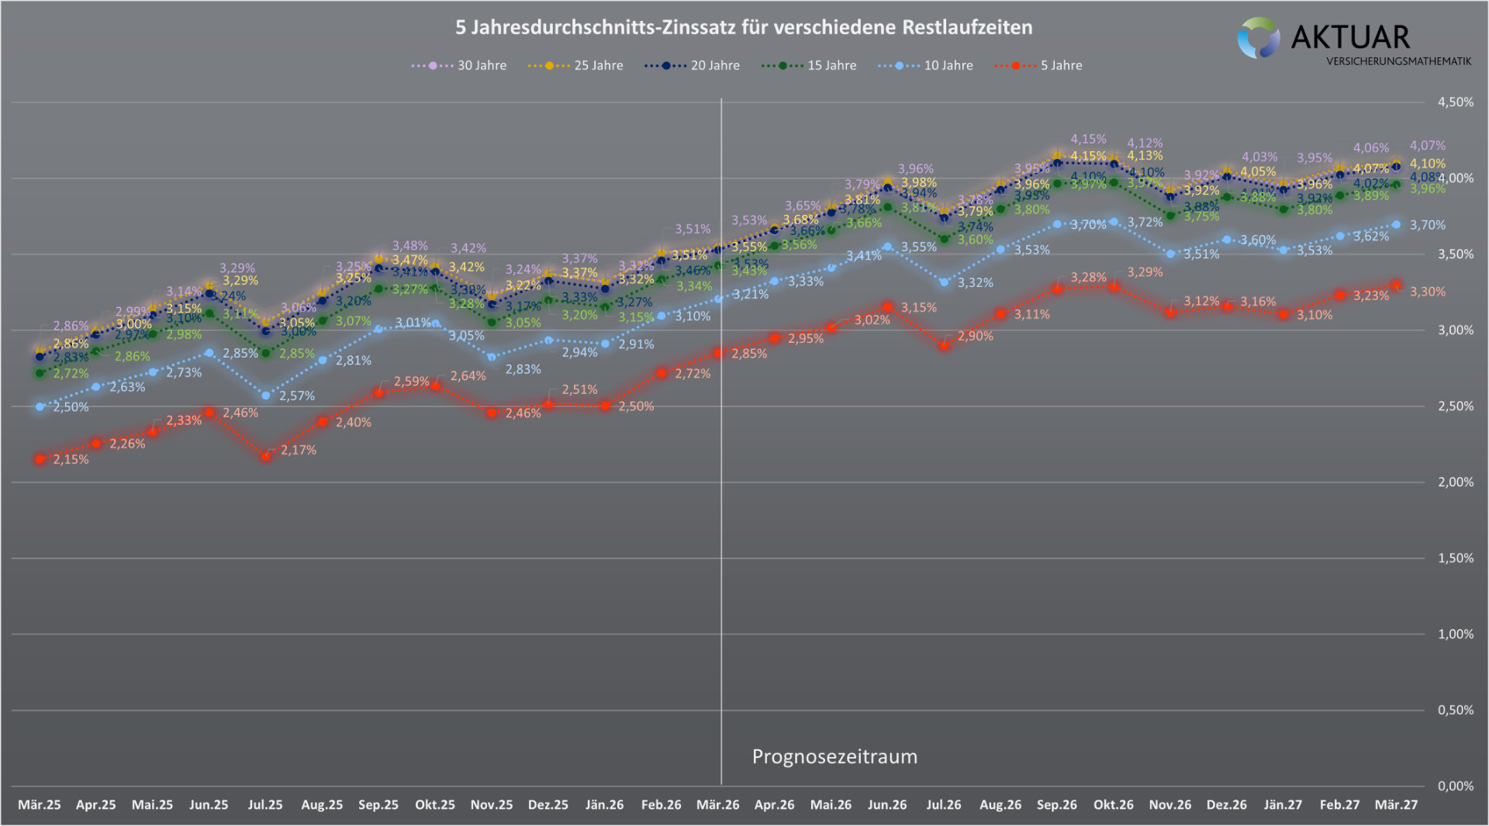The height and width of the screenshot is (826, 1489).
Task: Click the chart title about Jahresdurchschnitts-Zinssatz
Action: [x=744, y=28]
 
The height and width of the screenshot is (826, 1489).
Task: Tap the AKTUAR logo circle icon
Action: [x=1258, y=38]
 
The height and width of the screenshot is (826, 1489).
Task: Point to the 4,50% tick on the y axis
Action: [x=1455, y=102]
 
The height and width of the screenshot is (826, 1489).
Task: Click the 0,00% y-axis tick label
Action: [x=1455, y=786]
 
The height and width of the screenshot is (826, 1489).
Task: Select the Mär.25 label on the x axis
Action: [x=40, y=805]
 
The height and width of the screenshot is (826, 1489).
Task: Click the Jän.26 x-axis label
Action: [x=605, y=805]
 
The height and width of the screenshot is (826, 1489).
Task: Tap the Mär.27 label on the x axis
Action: [x=1396, y=805]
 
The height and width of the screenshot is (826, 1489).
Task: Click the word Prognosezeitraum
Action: [x=834, y=757]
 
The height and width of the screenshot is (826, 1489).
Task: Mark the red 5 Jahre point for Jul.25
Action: [x=266, y=456]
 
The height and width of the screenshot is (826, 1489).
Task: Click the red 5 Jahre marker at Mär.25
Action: [x=40, y=459]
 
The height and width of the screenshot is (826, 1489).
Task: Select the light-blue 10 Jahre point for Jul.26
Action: [x=944, y=282]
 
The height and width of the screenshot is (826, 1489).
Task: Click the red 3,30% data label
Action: [x=1427, y=292]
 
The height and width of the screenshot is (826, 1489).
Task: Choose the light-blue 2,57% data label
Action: [x=297, y=396]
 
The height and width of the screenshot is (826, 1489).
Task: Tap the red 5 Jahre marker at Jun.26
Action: [x=888, y=307]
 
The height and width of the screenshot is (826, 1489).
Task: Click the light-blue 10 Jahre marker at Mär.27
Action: [x=1396, y=225]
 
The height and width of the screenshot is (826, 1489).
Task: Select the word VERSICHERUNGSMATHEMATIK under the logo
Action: [x=1398, y=61]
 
